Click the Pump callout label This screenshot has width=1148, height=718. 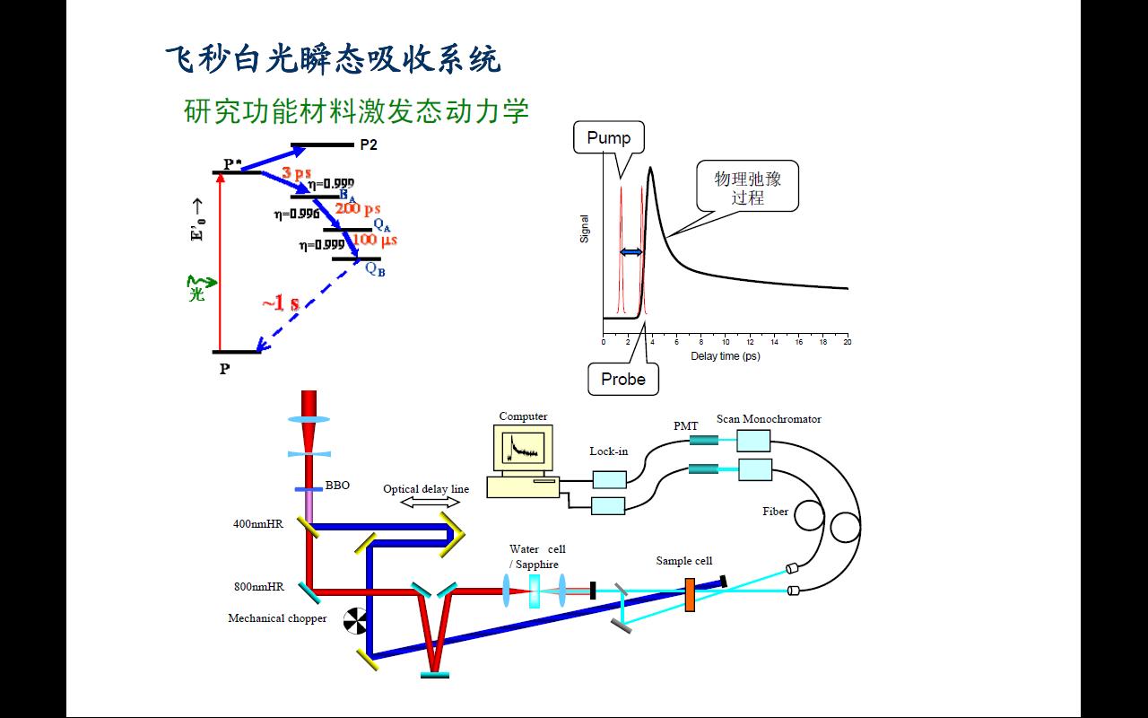[609, 137]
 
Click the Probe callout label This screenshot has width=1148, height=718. [623, 379]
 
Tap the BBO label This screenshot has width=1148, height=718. [337, 486]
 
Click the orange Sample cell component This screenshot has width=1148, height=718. [690, 595]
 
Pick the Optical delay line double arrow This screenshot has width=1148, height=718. [430, 503]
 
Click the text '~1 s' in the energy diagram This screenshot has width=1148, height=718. [281, 303]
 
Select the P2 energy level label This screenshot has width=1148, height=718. [369, 144]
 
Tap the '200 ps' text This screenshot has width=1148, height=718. [360, 208]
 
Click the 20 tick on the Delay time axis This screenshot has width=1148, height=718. [847, 342]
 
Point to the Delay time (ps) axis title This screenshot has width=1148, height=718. [725, 356]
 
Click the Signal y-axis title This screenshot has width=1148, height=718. [585, 228]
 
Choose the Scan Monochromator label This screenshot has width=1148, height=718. [769, 419]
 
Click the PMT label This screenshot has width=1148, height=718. [686, 426]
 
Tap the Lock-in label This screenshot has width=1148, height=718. [609, 451]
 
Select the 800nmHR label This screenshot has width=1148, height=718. [259, 587]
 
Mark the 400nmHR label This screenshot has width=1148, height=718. [258, 524]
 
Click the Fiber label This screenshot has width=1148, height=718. [776, 512]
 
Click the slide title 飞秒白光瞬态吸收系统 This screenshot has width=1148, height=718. [333, 60]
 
